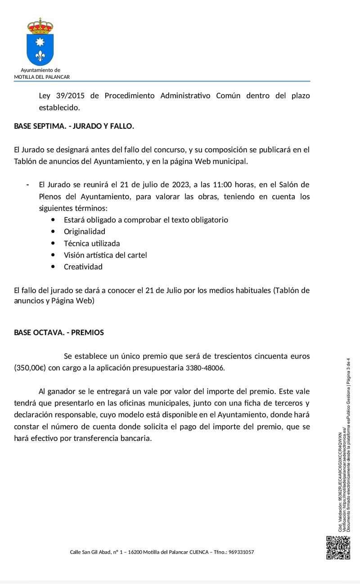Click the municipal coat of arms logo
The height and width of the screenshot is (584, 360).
pos(40,42)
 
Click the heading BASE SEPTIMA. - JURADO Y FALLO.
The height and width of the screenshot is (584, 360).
pos(74,126)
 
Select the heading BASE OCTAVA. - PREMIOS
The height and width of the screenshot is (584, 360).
pos(59,332)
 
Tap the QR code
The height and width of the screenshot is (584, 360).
pos(338,548)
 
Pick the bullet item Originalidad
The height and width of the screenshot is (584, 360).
pos(85,231)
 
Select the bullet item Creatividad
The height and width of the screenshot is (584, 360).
pos(83,267)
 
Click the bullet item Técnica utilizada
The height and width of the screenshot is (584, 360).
pos(92,243)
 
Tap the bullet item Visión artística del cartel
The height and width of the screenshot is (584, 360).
pos(105,255)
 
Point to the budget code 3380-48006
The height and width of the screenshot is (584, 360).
pos(205,368)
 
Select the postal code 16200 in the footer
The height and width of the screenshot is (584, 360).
pos(135,552)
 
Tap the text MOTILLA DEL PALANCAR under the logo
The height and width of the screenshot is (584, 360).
pos(42,77)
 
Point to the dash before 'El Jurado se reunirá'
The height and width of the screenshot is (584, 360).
pos(28,185)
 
